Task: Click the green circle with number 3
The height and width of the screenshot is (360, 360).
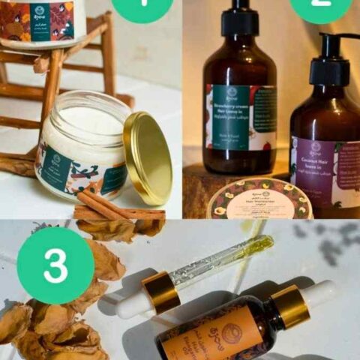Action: click(x=55, y=265)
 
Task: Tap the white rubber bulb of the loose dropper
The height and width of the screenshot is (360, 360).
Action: click(x=132, y=304)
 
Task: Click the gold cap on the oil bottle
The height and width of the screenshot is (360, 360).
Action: click(x=289, y=306)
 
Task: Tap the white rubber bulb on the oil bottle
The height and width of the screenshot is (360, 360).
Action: click(x=321, y=292)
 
